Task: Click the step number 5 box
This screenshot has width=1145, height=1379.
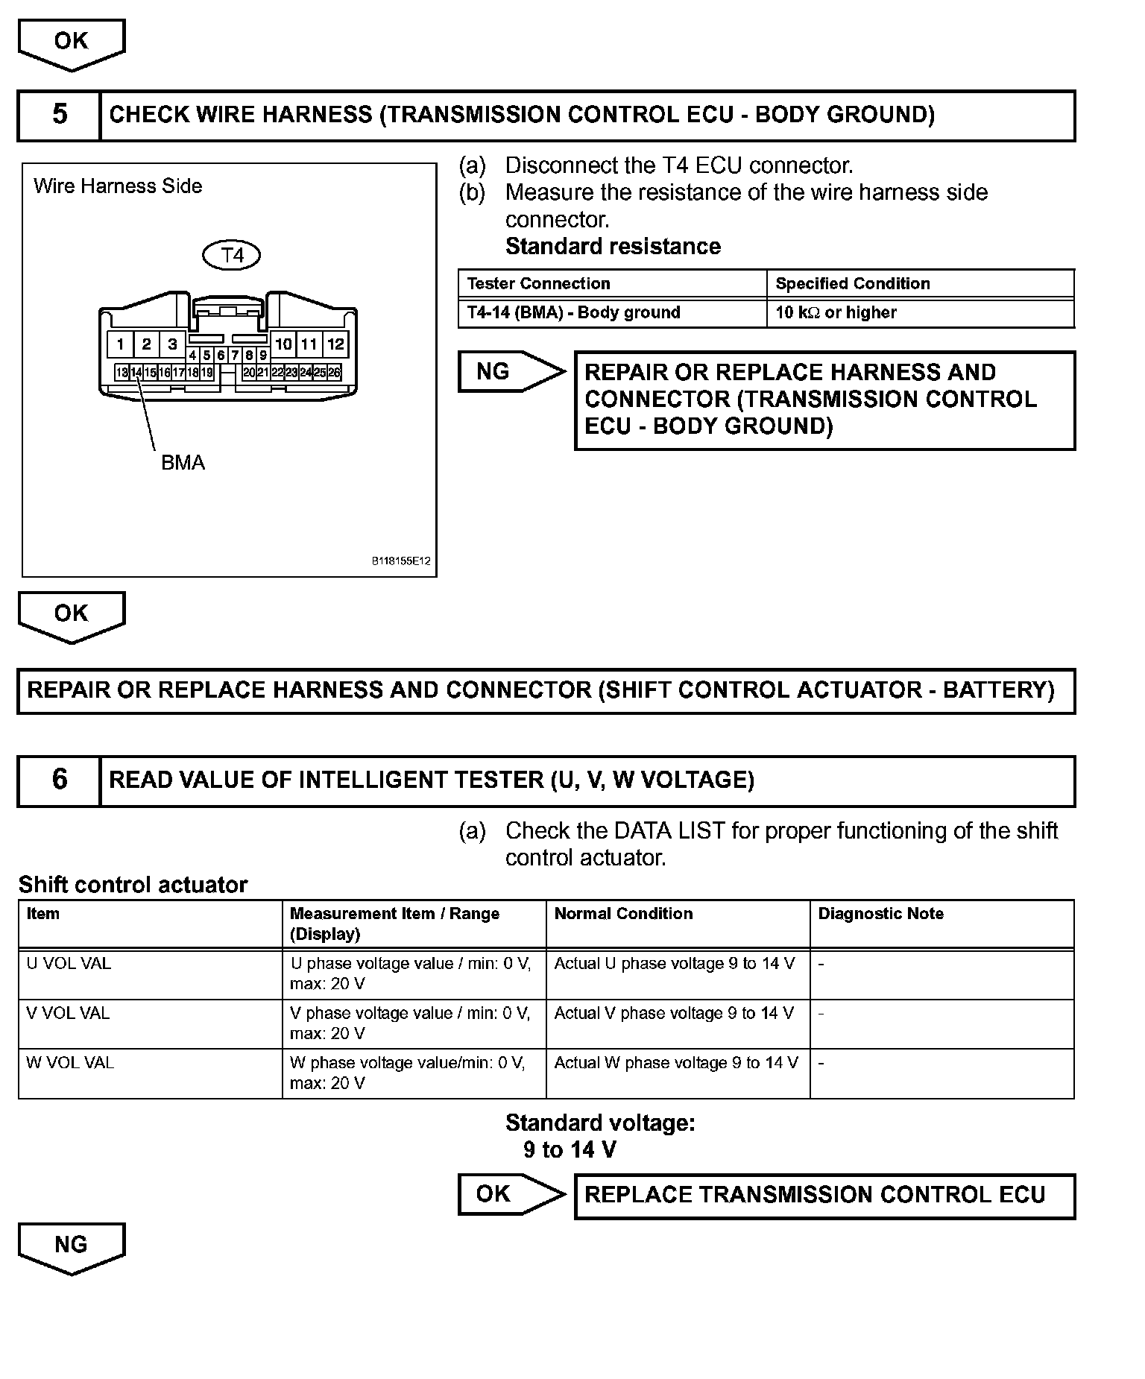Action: click(x=59, y=115)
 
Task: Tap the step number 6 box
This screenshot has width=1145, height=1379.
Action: click(x=59, y=780)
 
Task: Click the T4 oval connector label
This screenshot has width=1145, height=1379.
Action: click(x=232, y=256)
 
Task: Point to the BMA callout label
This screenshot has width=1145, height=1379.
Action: click(x=183, y=463)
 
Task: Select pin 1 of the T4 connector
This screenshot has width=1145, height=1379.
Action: click(x=120, y=344)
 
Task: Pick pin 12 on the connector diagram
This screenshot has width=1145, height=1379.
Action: click(x=336, y=344)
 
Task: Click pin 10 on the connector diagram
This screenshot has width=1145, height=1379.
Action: click(x=283, y=344)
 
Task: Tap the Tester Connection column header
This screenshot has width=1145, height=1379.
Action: click(x=538, y=284)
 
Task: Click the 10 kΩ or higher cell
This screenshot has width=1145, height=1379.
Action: click(x=836, y=313)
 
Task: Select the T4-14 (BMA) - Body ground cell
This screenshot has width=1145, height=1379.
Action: click(x=573, y=313)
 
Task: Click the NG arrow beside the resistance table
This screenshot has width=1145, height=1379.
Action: click(x=510, y=371)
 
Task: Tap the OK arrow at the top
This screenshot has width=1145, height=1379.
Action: click(x=72, y=43)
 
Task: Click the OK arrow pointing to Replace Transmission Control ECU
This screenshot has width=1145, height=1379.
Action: click(x=510, y=1194)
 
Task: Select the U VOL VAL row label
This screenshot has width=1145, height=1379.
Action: click(x=69, y=964)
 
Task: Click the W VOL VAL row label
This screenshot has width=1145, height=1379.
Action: click(x=70, y=1063)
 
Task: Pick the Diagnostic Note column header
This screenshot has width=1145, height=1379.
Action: click(x=880, y=914)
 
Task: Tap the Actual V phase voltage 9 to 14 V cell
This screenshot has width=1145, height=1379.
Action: click(x=674, y=1014)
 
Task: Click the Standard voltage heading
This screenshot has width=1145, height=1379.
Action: click(x=600, y=1123)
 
